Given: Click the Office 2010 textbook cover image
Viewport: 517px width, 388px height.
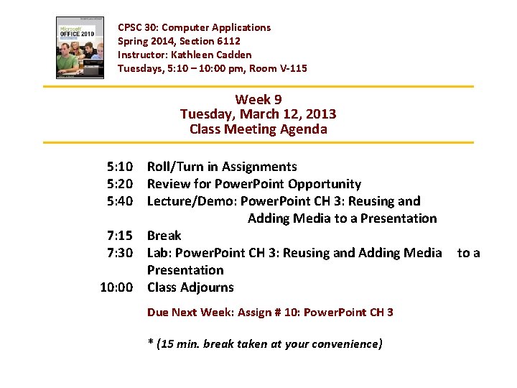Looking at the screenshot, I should (x=80, y=47).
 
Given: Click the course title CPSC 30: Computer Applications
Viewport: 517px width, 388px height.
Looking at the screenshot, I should (x=194, y=27).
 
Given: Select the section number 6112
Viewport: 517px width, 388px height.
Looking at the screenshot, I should (x=225, y=41).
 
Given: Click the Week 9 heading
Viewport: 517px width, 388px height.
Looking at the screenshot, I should (x=258, y=99).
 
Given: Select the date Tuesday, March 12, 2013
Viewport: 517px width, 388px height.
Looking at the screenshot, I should (x=258, y=114).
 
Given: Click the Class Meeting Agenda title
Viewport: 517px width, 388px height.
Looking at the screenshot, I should (x=258, y=129).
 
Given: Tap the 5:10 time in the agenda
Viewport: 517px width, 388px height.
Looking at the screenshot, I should (x=119, y=167).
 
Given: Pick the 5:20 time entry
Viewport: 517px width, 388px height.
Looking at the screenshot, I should (x=119, y=184).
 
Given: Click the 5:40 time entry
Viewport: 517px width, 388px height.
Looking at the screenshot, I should (x=119, y=201).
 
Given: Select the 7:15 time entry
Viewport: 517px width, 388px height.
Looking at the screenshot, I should (x=119, y=236).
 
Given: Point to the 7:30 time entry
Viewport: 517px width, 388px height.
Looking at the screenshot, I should (x=119, y=253).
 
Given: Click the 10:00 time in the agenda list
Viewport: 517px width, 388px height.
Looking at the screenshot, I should (x=116, y=287).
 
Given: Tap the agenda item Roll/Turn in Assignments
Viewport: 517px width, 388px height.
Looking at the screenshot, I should (x=222, y=167).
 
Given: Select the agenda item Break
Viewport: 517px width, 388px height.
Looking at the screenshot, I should (x=164, y=236).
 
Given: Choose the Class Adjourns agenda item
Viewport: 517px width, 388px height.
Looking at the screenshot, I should (x=190, y=287).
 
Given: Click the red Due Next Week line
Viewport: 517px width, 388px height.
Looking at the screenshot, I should (x=270, y=313).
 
